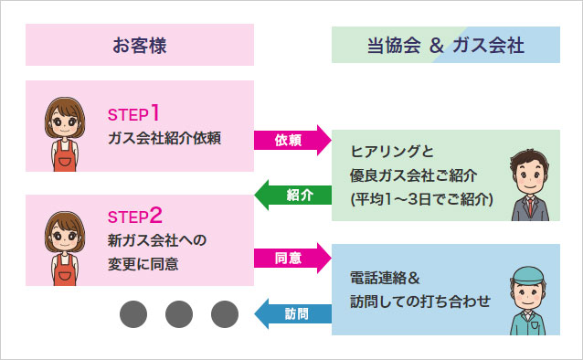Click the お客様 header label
coord(140,44)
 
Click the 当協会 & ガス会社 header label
coord(445,45)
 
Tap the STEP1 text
coord(133,114)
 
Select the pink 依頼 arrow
coord(292,140)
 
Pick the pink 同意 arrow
coord(292,258)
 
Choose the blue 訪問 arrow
coord(292,313)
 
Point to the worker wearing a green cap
coord(531,297)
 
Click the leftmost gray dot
coord(133,313)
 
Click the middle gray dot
coord(179,313)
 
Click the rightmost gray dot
coord(225,313)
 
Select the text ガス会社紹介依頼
coord(164,139)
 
